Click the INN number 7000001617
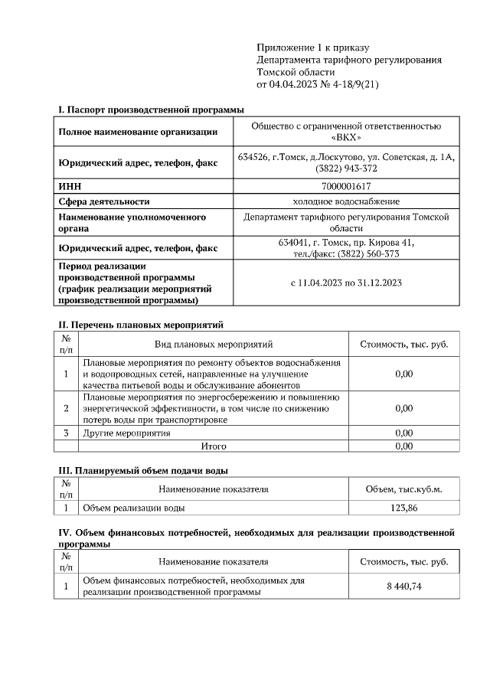click(x=346, y=186)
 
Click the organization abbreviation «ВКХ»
click(x=346, y=138)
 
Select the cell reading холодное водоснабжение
click(x=346, y=201)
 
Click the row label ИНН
click(x=70, y=186)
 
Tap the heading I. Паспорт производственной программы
click(x=146, y=110)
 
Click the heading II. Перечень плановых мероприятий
click(x=141, y=325)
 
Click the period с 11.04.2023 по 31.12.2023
click(x=346, y=283)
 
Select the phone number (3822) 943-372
click(x=346, y=168)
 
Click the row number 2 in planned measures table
click(x=66, y=408)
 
